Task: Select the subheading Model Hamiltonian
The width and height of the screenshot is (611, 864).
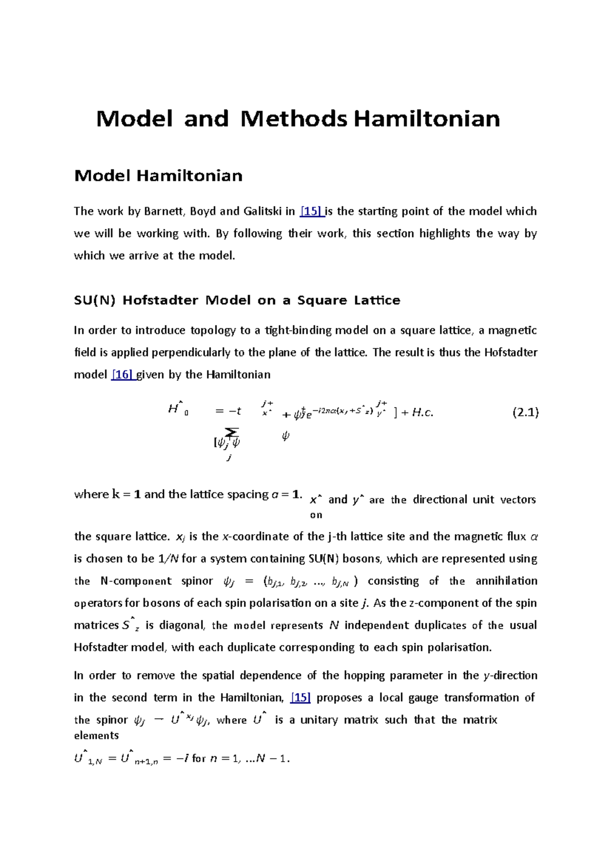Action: [x=158, y=176]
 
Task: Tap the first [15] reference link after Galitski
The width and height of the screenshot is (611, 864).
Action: [x=312, y=211]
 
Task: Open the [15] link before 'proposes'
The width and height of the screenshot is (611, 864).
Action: [x=300, y=697]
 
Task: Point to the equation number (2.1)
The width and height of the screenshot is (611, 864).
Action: [x=525, y=412]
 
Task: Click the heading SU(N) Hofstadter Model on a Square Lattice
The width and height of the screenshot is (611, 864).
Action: [x=237, y=300]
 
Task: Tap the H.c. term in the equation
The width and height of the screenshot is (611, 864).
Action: [x=422, y=413]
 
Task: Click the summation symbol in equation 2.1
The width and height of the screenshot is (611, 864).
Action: [x=231, y=432]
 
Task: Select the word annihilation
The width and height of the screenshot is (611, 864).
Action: [x=506, y=581]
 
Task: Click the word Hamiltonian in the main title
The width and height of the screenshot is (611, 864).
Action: [x=427, y=119]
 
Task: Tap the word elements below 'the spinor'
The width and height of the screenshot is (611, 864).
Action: [x=96, y=735]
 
